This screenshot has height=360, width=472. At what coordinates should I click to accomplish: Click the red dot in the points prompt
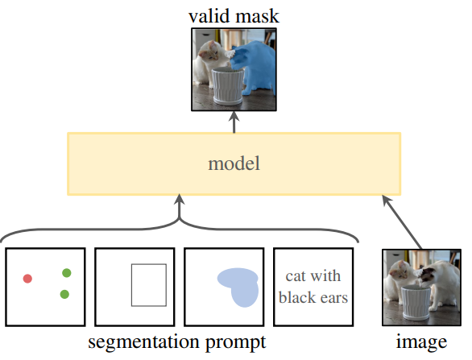(27, 279)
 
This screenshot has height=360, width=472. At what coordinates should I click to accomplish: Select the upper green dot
(67, 273)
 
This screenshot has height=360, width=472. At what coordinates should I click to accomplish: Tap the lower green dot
(64, 294)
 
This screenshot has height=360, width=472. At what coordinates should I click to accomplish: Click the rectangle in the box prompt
(131, 285)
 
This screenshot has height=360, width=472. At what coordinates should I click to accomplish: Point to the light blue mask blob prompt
(241, 286)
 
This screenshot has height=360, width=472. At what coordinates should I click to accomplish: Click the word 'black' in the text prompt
(296, 298)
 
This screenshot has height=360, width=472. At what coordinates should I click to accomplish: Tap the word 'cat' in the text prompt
(296, 276)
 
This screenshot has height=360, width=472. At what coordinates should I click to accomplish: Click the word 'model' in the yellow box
(234, 163)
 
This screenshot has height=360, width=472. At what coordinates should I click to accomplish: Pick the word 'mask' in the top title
(256, 16)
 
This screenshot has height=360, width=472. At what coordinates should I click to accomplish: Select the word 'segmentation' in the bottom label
(143, 342)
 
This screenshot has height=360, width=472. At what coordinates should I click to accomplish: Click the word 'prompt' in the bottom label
(236, 343)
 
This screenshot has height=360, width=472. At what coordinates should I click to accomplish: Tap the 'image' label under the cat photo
(421, 343)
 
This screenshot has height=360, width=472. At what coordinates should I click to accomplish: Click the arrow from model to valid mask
(234, 122)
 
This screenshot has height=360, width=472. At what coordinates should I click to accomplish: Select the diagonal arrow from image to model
(402, 222)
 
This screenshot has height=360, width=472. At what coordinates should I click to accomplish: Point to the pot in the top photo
(228, 86)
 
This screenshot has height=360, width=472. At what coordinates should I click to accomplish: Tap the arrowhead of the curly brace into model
(179, 200)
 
